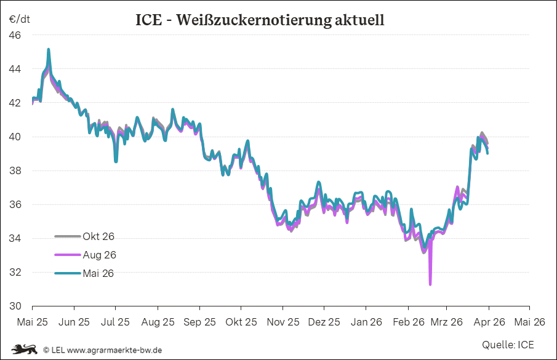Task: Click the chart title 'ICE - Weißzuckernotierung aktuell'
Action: point(260,20)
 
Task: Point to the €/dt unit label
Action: point(19,19)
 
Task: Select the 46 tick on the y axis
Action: point(15,35)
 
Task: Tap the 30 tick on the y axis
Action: point(15,306)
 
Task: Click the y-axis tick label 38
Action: point(15,170)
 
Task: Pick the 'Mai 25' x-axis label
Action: point(32,321)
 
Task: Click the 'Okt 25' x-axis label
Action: point(241,321)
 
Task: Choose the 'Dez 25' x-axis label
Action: point(324,321)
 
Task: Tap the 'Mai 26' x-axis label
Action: point(529,321)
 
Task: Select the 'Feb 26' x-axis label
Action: point(409,321)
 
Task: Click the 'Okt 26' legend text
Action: point(98,236)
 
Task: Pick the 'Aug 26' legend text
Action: point(98,255)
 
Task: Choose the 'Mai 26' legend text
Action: point(98,273)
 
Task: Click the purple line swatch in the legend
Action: point(68,255)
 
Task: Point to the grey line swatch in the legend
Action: point(68,236)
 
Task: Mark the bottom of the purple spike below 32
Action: point(430,284)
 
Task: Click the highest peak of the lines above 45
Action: point(49,50)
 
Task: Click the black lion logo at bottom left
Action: point(23,350)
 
